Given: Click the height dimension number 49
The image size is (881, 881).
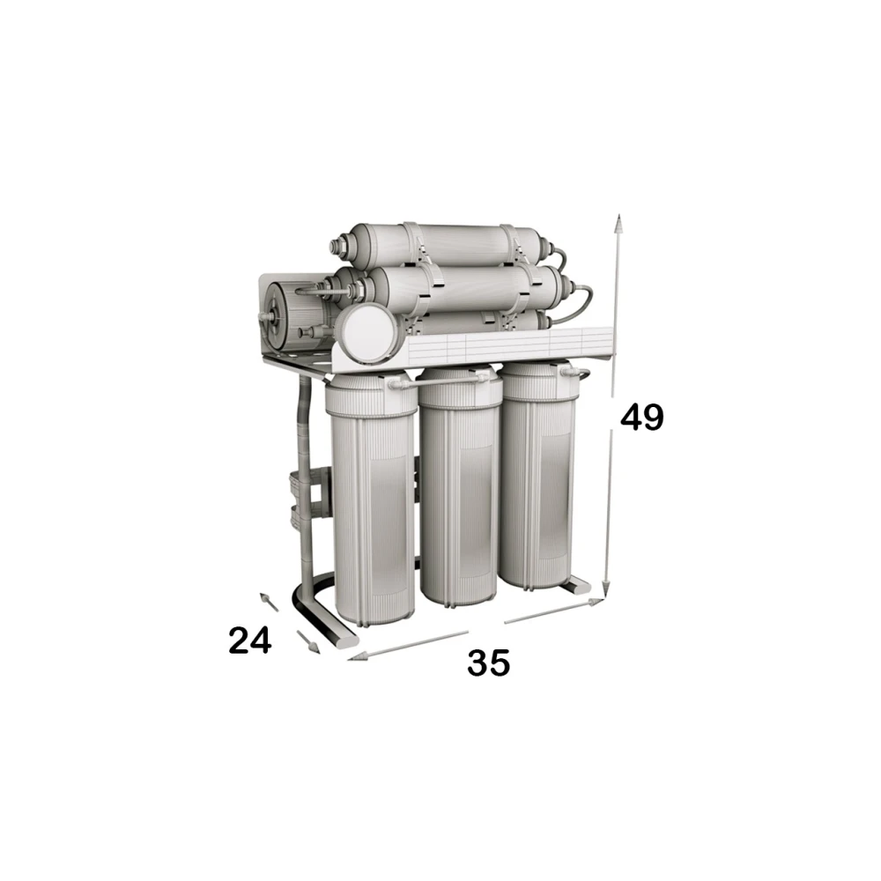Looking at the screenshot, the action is click(641, 418).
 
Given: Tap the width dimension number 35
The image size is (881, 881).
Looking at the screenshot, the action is click(488, 663).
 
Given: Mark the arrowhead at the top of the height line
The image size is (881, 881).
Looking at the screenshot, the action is click(618, 224).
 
